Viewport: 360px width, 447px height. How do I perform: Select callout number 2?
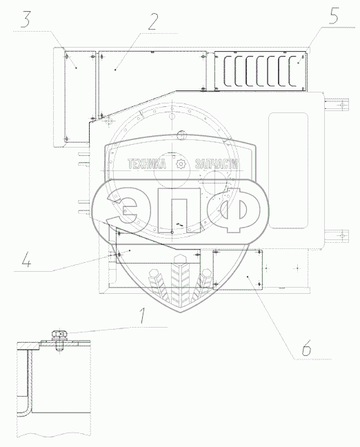point(152,21)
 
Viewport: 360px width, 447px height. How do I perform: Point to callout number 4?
point(26,259)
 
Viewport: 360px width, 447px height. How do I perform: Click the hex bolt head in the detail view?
point(59,333)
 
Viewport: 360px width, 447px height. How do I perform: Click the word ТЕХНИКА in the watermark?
point(146,164)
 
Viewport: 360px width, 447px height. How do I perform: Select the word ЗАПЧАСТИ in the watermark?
point(217,164)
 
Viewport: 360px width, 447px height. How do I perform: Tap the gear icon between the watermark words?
point(181,164)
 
